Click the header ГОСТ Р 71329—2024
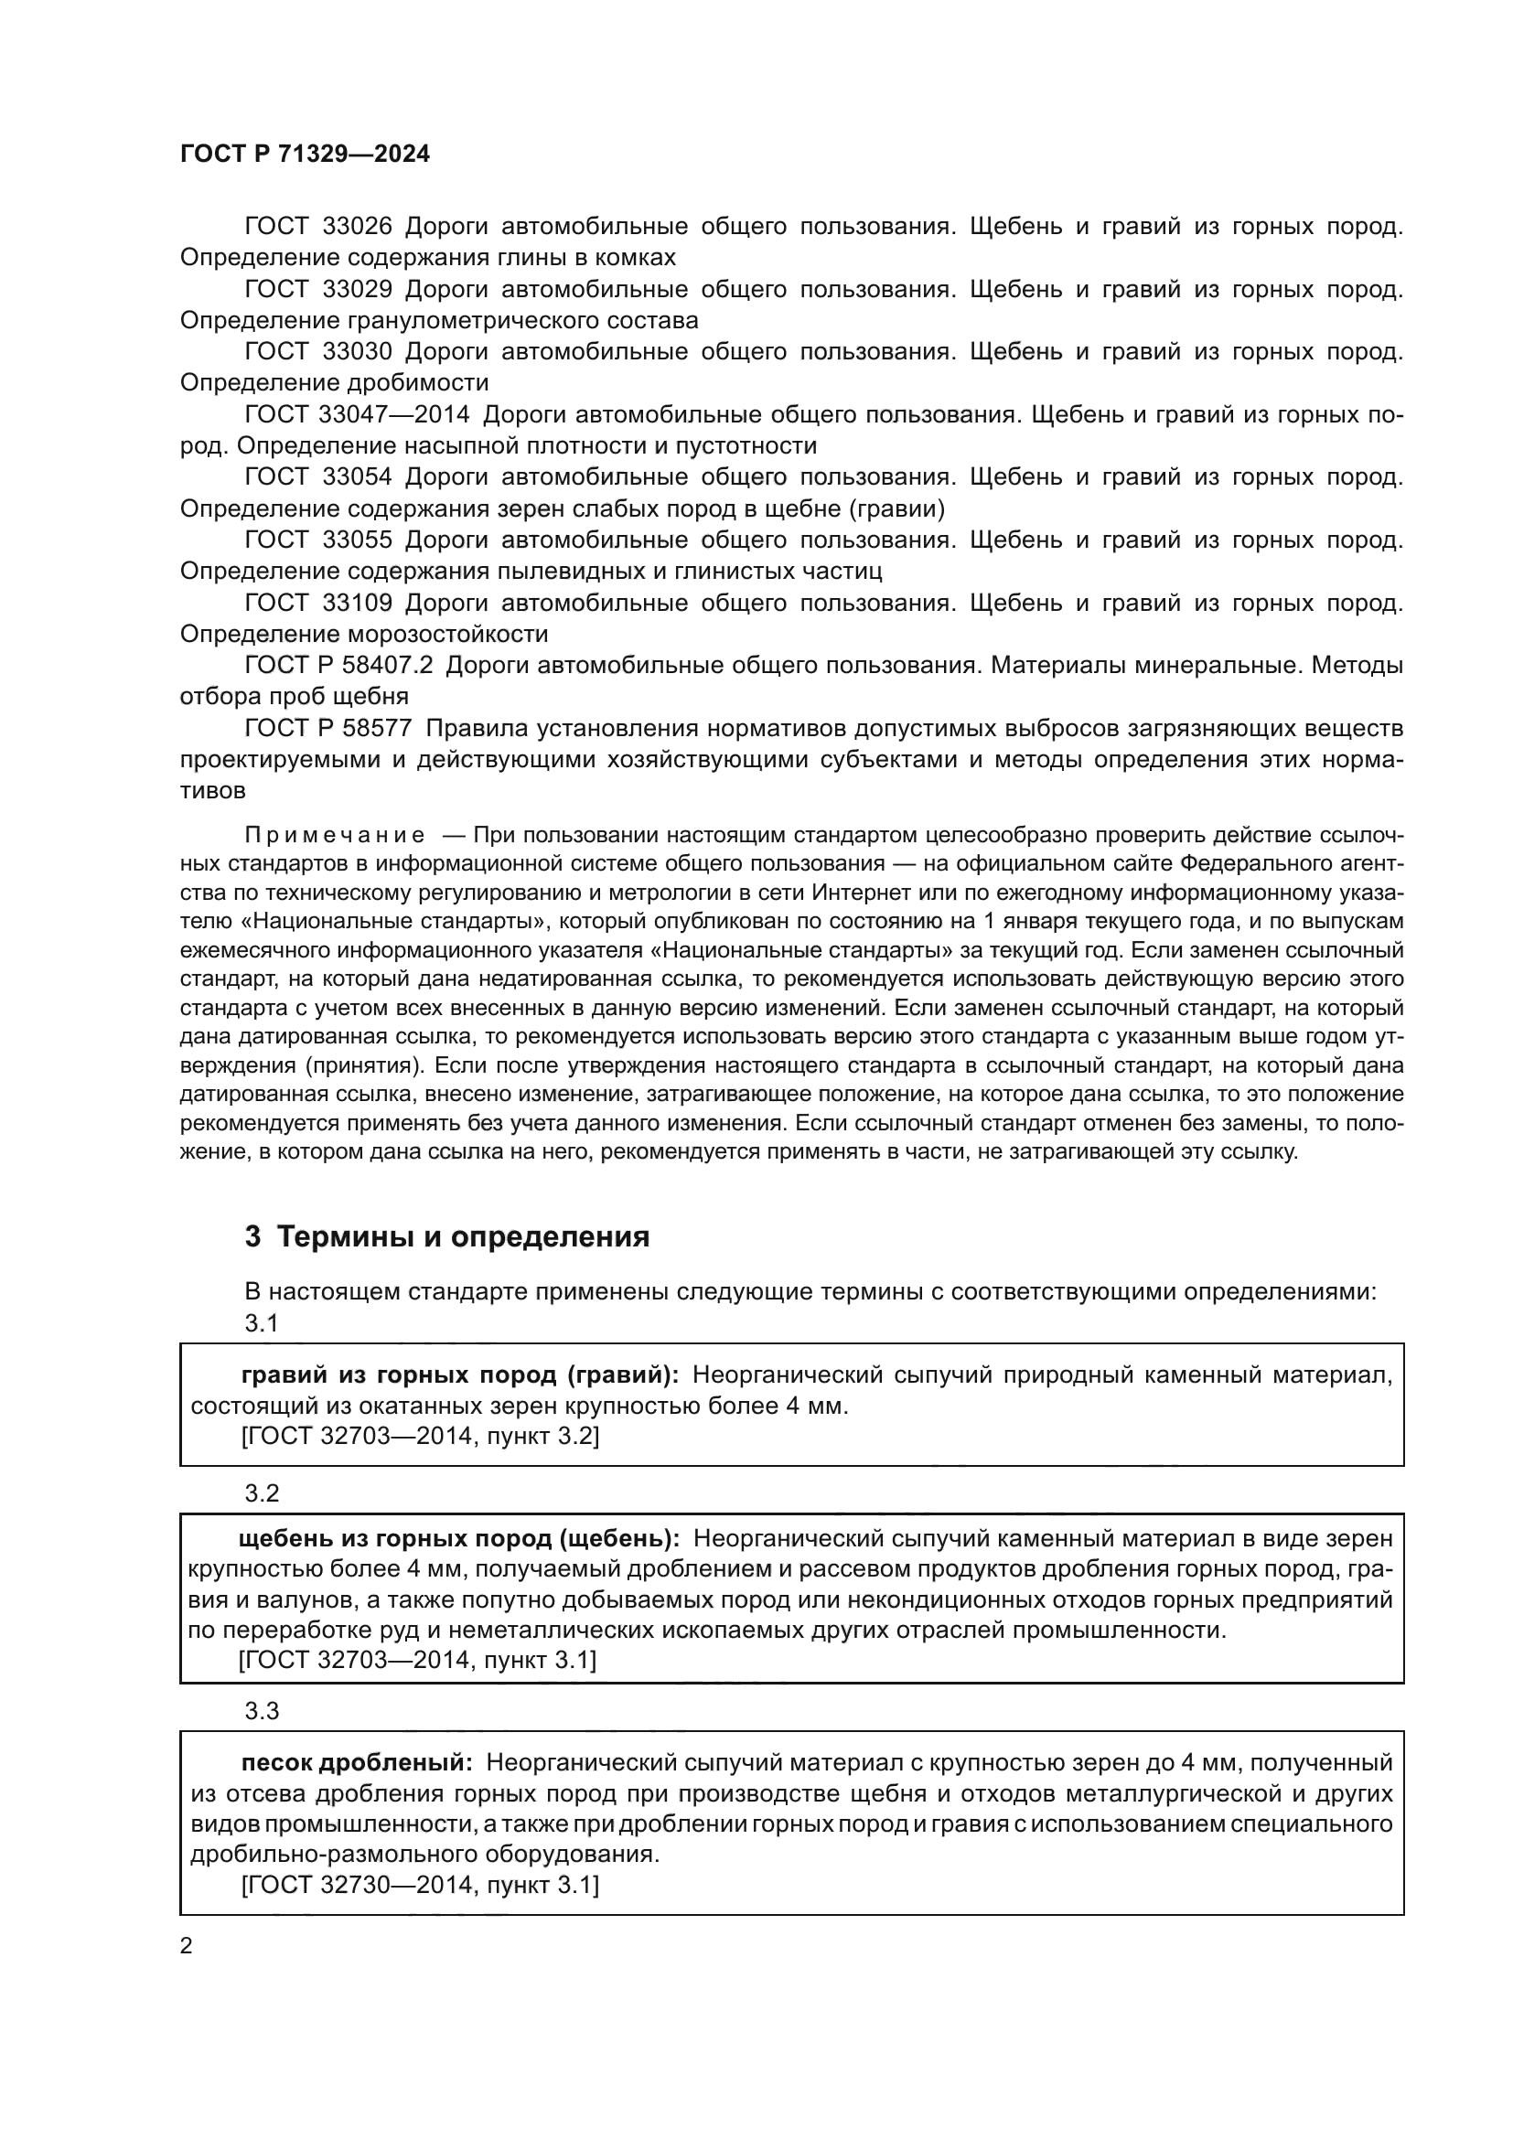(305, 155)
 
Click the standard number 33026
(357, 227)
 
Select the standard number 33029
(357, 289)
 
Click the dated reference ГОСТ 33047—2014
(357, 414)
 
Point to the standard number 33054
(357, 477)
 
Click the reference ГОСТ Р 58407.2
(339, 665)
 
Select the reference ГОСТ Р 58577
(328, 728)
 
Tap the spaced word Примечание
(335, 835)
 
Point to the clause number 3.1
(262, 1323)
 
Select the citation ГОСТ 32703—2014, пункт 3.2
(420, 1437)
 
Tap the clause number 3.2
(262, 1493)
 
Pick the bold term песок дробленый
(353, 1762)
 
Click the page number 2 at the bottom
(187, 1946)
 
